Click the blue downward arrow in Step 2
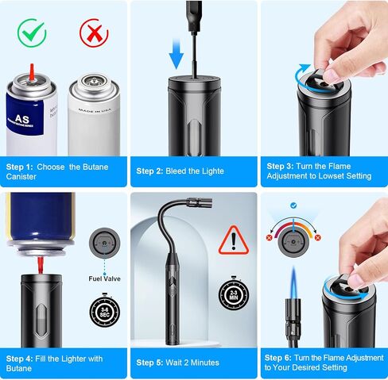coord(177,56)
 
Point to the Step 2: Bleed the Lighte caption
coord(180,171)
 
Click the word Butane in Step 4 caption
coord(21,367)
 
